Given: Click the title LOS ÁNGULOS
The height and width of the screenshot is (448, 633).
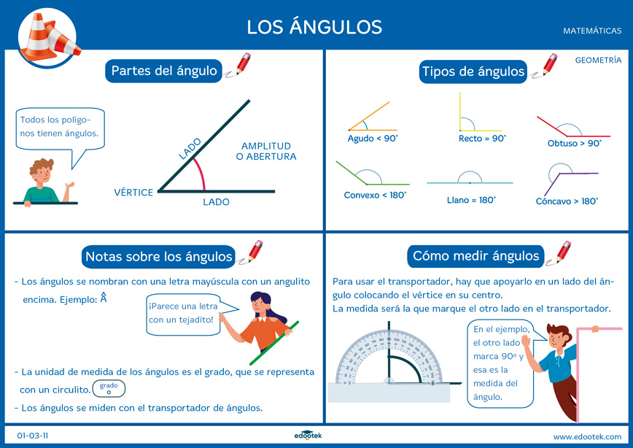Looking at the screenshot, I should coord(314,27).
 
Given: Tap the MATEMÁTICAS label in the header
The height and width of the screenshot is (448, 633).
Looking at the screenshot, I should coord(592,31).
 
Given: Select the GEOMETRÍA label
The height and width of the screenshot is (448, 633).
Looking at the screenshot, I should coord(598,61).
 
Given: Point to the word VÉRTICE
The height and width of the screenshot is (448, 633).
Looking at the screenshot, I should coord(133,193).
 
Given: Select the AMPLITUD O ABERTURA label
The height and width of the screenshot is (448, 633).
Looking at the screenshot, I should coord(266,151).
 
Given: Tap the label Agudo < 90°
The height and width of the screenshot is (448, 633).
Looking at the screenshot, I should coord(373,138).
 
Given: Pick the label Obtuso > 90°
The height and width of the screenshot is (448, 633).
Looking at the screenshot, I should coord(575,144).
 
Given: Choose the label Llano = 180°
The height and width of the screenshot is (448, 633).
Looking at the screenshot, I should coord(471,199).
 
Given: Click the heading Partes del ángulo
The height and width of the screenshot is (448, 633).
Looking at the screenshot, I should coord(164,71).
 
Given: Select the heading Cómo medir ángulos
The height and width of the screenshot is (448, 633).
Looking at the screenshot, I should coord(475,256).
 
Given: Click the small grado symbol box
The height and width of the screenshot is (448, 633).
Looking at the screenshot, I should coord(109,388).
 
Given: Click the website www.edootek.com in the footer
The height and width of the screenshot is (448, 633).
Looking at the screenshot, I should coord(587,436).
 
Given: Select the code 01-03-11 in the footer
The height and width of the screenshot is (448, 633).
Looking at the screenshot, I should coord(33,436).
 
